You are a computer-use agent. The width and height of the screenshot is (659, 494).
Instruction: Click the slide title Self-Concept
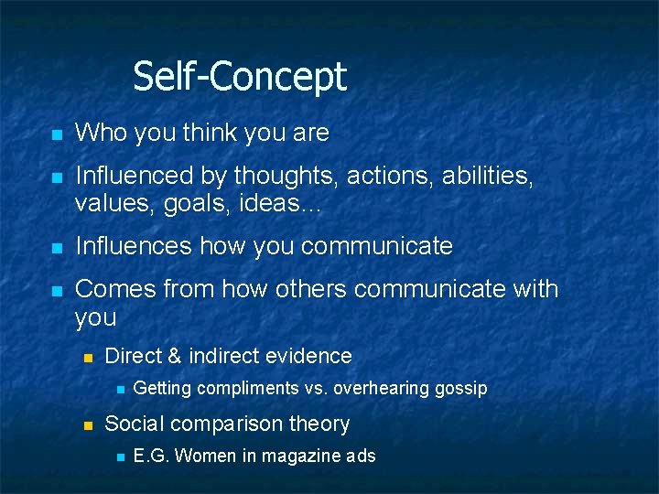point(240,76)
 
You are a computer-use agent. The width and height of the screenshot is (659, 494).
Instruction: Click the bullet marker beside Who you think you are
point(56,134)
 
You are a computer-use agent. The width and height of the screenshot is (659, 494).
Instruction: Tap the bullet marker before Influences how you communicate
point(56,247)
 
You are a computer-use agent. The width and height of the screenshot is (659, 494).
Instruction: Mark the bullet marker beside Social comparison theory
point(88,424)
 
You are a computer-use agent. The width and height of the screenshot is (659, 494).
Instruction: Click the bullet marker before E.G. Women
point(119,456)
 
